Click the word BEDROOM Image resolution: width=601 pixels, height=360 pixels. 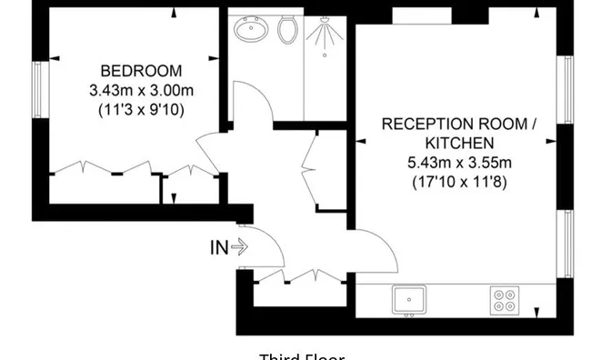coord(140,71)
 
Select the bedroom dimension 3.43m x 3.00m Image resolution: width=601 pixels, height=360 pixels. coord(140,90)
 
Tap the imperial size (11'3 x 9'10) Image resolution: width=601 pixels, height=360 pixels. coord(140,109)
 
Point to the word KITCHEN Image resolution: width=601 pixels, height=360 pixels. coord(459,143)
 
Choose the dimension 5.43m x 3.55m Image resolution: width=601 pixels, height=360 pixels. coord(459,162)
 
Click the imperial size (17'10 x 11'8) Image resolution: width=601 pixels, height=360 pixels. coord(459,181)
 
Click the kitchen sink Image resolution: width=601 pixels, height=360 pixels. coord(410,298)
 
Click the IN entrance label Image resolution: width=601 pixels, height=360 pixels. coord(219,246)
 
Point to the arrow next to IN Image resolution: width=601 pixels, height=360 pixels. coord(239,246)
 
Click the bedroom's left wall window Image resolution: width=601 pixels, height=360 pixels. coord(38,88)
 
